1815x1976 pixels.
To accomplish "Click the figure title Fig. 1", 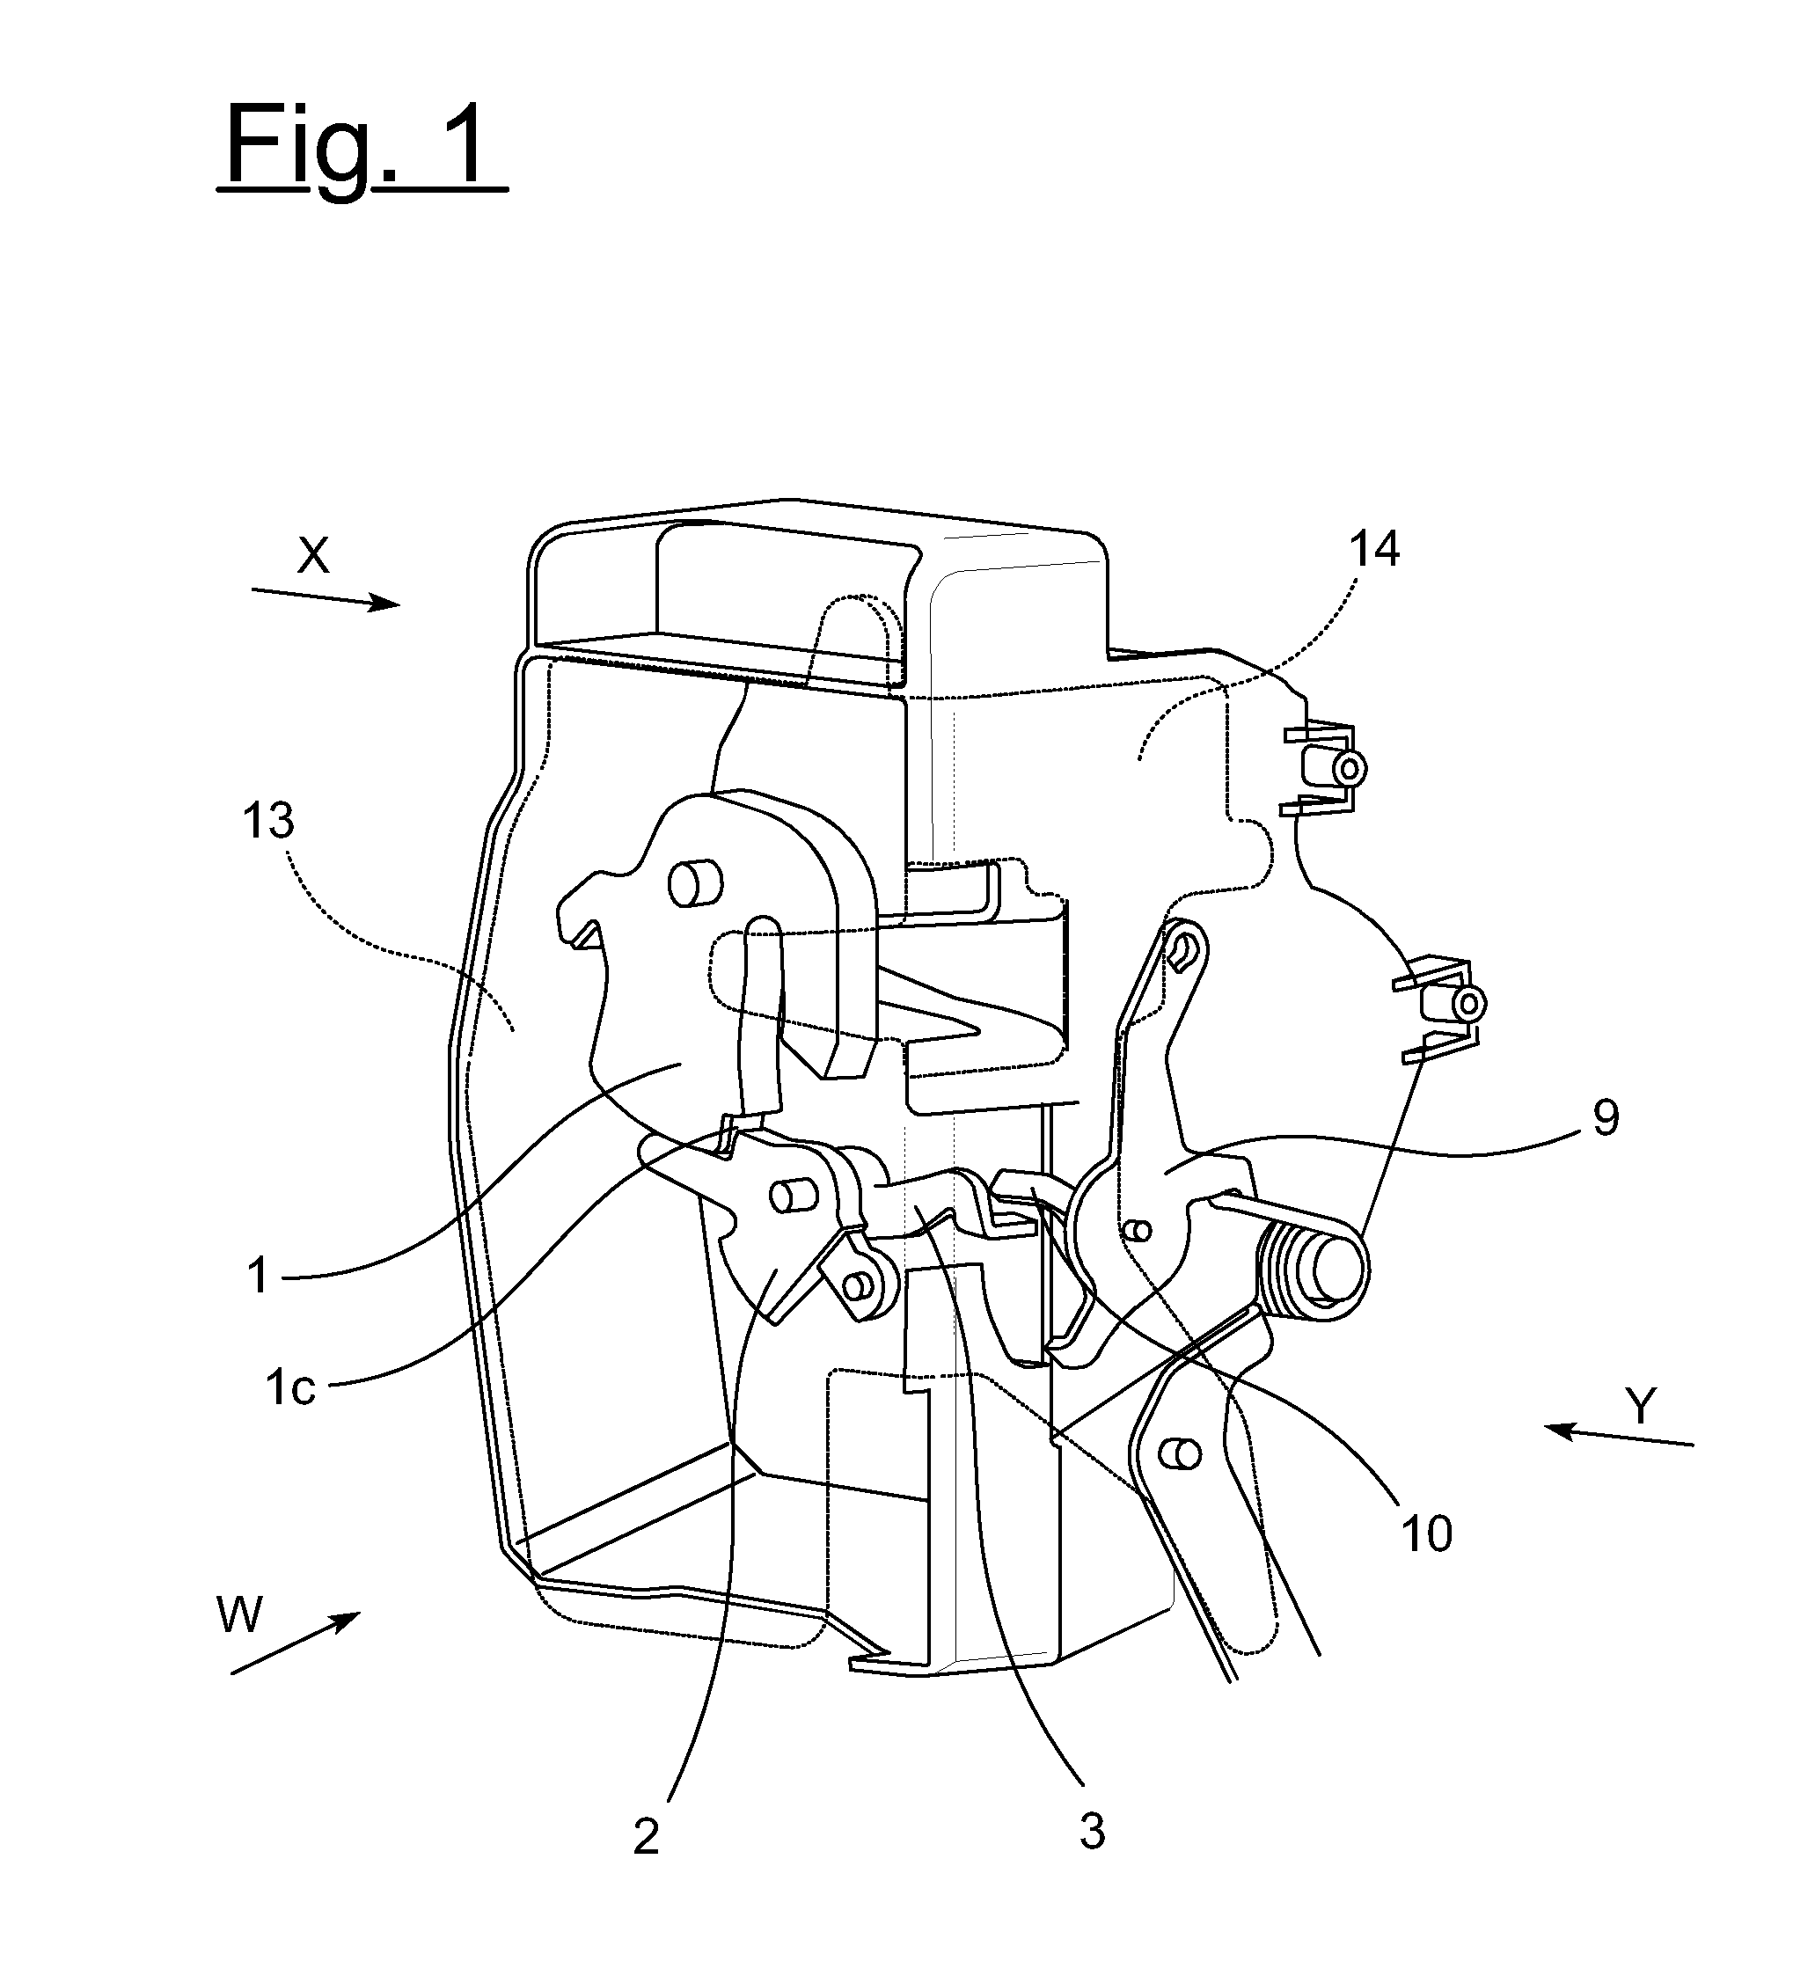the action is point(362,150).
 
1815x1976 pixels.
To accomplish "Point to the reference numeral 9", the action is point(1605,1117).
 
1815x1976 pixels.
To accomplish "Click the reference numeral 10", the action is point(1426,1533).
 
